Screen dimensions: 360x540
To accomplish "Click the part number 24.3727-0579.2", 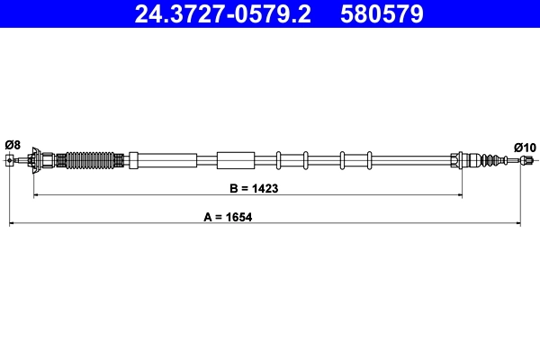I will [224, 14].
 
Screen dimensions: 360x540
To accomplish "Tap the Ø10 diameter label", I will [525, 147].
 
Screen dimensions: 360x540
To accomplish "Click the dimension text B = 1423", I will [247, 190].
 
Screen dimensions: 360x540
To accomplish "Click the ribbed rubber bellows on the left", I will [93, 161].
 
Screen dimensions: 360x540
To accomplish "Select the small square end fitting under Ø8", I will [10, 161].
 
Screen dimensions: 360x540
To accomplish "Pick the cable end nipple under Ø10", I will [525, 161].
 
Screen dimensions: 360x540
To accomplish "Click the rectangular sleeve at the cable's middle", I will [237, 160].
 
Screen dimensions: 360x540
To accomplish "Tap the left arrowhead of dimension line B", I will [37, 194].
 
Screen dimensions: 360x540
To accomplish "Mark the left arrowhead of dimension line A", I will [13, 221].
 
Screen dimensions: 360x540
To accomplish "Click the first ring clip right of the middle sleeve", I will [279, 160].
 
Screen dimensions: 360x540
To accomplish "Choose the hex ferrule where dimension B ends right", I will [455, 161].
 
